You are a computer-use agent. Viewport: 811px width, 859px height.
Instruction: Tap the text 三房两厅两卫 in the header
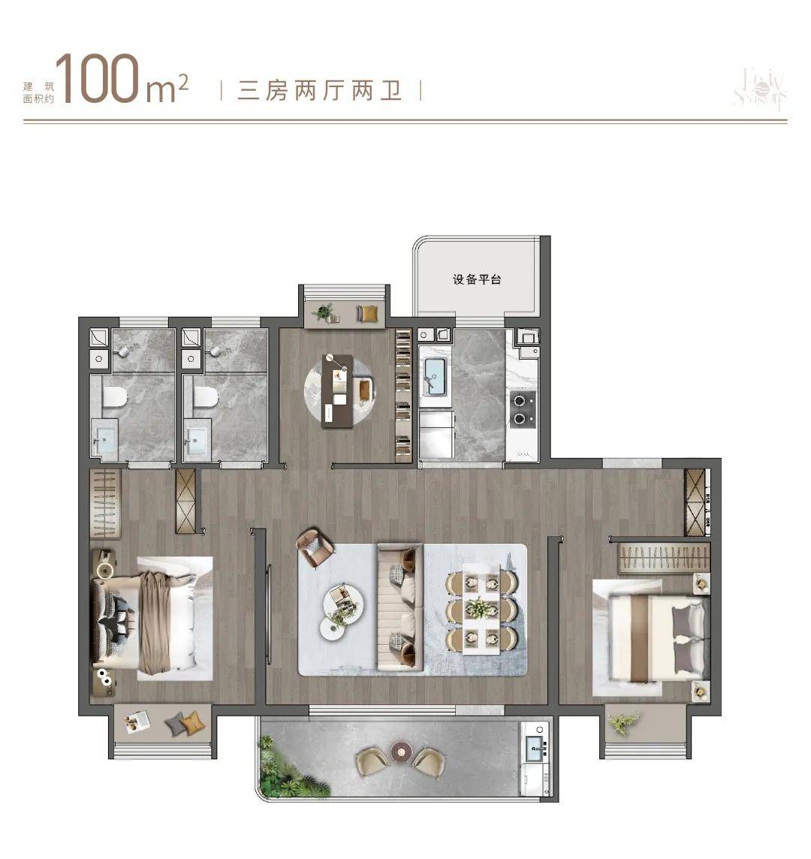320,92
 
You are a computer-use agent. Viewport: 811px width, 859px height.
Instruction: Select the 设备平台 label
477,279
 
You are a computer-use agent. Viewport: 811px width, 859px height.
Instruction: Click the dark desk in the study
337,390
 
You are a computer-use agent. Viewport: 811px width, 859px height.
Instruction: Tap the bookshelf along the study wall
403,395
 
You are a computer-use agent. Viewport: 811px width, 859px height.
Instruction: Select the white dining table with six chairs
481,607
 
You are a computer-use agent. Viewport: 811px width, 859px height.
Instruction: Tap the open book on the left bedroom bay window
137,721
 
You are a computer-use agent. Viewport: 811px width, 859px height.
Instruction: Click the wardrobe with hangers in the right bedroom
663,558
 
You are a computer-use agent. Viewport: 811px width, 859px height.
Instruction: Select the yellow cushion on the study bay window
368,313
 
